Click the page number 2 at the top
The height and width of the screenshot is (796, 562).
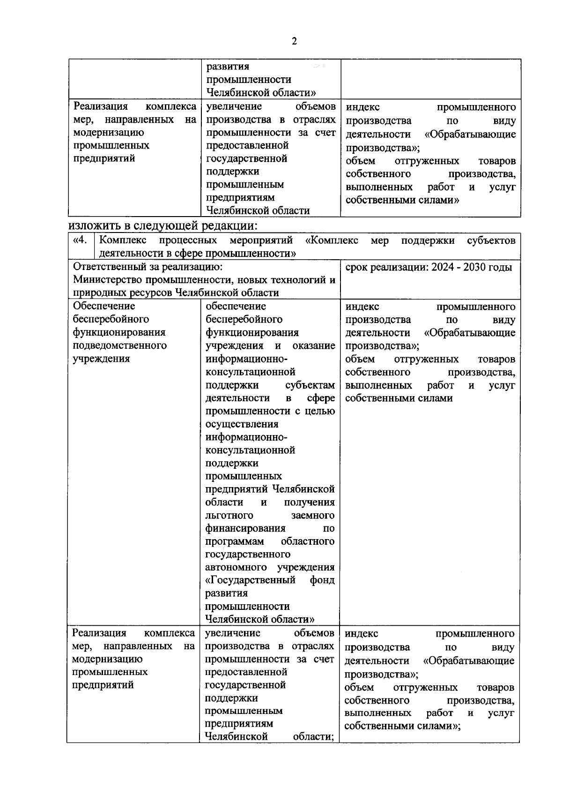(x=294, y=42)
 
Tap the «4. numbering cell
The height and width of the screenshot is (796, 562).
(x=81, y=240)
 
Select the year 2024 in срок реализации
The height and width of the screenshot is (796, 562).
(x=443, y=267)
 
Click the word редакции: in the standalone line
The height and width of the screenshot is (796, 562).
(x=230, y=225)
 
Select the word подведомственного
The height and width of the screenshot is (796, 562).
(x=120, y=345)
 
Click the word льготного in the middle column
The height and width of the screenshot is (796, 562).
(x=229, y=515)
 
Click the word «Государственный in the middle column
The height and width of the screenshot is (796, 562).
(x=251, y=580)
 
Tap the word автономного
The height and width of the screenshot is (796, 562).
(x=236, y=567)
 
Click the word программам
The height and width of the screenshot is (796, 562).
(x=235, y=541)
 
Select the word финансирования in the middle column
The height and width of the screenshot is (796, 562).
(x=245, y=528)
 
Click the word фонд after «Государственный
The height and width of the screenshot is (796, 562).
(x=322, y=580)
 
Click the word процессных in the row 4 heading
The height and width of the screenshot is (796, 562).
(x=188, y=240)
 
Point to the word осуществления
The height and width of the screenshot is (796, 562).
(x=242, y=424)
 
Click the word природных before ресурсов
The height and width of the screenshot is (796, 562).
(x=97, y=293)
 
